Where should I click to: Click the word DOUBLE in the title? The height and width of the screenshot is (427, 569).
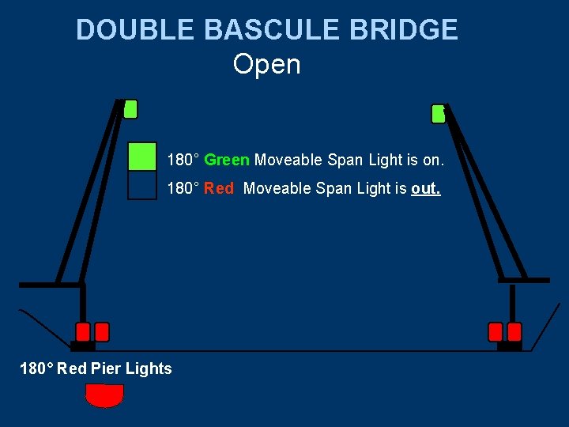pos(135,30)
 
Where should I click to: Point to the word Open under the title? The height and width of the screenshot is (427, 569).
pos(267,64)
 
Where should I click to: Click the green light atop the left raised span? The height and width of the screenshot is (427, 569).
pos(130,109)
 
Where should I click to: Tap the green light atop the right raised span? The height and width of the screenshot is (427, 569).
pos(438,114)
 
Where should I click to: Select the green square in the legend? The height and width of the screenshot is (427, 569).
pos(142,157)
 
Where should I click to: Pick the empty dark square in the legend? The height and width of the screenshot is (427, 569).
pos(142,185)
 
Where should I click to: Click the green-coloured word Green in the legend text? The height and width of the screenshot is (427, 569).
pos(227,161)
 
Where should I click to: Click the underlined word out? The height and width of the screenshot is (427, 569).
pos(426,189)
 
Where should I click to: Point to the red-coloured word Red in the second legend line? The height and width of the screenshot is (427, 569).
pos(219,189)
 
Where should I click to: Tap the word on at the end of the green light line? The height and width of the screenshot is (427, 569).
pos(433,161)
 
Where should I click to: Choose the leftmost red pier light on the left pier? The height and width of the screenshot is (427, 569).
pos(83,332)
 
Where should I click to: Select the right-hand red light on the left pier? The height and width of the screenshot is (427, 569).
pos(102,332)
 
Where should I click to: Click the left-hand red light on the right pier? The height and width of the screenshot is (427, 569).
pos(496,332)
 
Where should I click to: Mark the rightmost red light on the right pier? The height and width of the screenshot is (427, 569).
pos(514,332)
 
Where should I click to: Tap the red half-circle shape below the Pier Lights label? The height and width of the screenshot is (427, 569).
pos(105,395)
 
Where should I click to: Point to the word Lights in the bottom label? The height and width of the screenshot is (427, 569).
pos(148,368)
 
